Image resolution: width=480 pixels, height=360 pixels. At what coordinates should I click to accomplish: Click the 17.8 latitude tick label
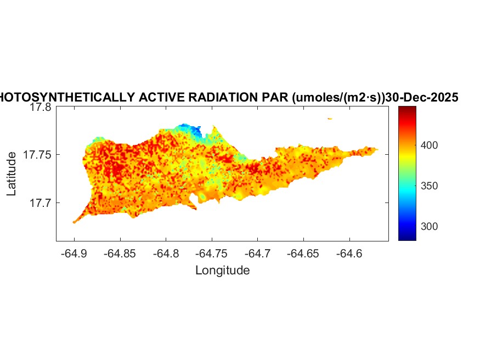click(40, 108)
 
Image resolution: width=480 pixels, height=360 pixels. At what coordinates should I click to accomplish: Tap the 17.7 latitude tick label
click(40, 203)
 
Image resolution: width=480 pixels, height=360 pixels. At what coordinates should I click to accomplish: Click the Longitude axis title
click(222, 271)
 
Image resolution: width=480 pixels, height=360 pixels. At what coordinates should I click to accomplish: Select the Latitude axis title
click(12, 175)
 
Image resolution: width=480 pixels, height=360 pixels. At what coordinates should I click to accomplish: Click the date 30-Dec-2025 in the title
click(422, 98)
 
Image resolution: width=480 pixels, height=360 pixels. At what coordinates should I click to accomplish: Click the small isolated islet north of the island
click(330, 119)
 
